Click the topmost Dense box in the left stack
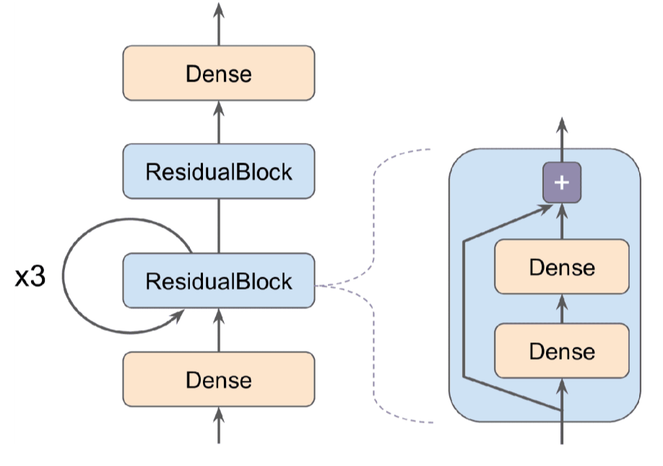tap(218, 73)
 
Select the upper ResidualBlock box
tap(218, 171)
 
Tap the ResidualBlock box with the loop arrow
tap(218, 280)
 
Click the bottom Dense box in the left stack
tap(218, 379)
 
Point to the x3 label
tap(30, 277)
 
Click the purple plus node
tap(561, 183)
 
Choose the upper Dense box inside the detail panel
tap(561, 267)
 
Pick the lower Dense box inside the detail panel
tap(561, 351)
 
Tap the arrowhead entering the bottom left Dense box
tap(219, 415)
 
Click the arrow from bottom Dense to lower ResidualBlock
tap(219, 329)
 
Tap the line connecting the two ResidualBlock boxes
tap(219, 225)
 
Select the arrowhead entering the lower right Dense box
tap(561, 387)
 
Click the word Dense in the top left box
tap(218, 73)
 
